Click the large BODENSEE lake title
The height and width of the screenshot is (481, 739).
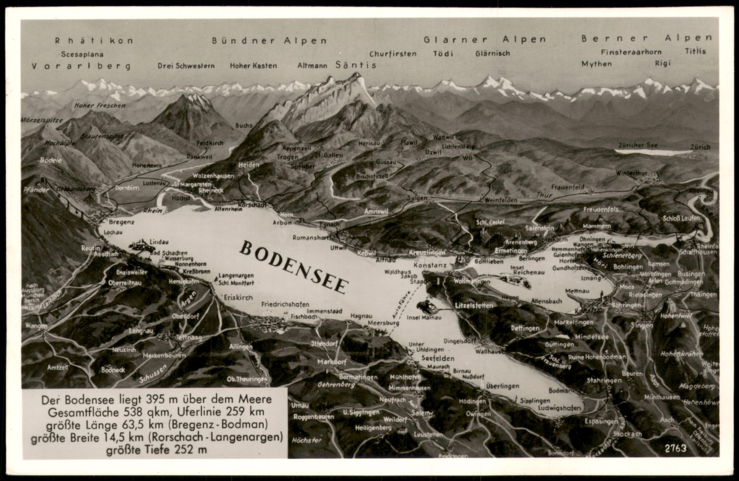[293, 267]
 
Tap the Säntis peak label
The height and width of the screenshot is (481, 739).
[355, 65]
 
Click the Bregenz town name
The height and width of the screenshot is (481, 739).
[121, 221]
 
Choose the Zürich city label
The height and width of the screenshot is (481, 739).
[700, 147]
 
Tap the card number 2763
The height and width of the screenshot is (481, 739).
[676, 448]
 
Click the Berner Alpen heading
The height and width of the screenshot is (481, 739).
[646, 38]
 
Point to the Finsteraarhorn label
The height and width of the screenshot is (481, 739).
[631, 52]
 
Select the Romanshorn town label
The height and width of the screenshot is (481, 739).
[311, 237]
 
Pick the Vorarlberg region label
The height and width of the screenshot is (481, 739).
[81, 66]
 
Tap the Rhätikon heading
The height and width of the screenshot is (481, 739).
[94, 40]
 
